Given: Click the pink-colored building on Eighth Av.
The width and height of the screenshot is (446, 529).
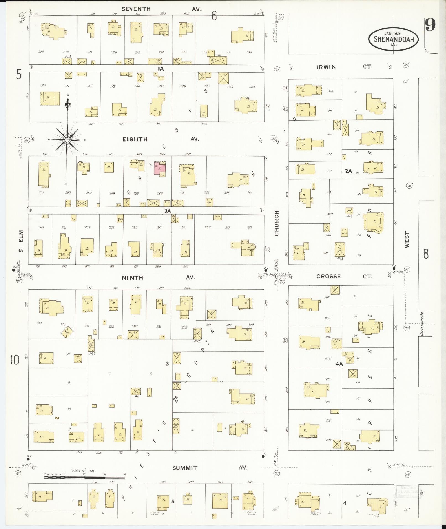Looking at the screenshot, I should click(160, 169).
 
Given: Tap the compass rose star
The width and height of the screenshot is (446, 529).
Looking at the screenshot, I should click(67, 140).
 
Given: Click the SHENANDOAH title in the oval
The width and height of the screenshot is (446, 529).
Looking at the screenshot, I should click(394, 39).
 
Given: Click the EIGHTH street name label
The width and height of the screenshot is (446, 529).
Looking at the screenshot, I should click(135, 139).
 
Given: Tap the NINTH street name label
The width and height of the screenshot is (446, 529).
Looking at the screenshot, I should click(132, 277).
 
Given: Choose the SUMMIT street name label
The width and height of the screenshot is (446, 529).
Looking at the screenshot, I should click(185, 468).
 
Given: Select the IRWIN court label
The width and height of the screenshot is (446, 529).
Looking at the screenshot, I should click(326, 67).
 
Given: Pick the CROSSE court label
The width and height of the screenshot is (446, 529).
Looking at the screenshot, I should click(328, 276).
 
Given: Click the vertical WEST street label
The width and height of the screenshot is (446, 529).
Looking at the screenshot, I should click(407, 239).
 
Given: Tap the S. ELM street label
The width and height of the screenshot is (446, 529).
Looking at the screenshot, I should click(21, 241).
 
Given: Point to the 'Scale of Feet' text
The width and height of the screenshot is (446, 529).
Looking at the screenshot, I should click(84, 470).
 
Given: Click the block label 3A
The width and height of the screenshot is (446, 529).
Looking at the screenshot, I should click(168, 211).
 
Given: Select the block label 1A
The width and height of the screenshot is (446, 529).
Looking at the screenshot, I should click(161, 69).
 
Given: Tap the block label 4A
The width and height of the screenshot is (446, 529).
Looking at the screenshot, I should click(339, 364).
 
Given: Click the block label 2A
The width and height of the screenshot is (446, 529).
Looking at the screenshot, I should click(348, 171).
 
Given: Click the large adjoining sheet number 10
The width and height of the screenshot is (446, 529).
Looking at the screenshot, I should click(15, 360).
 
